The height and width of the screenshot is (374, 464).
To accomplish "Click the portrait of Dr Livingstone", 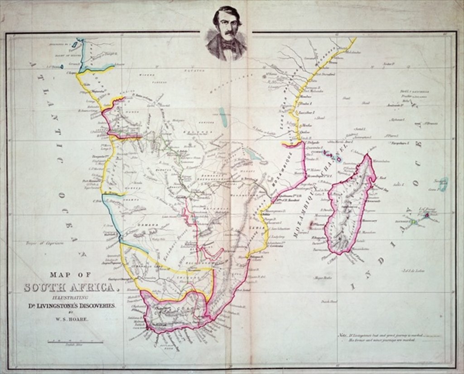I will (227, 34).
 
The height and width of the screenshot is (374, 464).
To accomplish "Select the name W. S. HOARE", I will (71, 320).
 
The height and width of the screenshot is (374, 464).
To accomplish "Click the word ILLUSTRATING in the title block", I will (71, 297).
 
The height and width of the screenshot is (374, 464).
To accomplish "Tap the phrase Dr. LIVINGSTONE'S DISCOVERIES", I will (71, 305).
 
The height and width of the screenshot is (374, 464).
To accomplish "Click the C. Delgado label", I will (312, 143).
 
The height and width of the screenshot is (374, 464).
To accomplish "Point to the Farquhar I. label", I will (399, 143).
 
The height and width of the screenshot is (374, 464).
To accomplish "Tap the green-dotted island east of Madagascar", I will (413, 221).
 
